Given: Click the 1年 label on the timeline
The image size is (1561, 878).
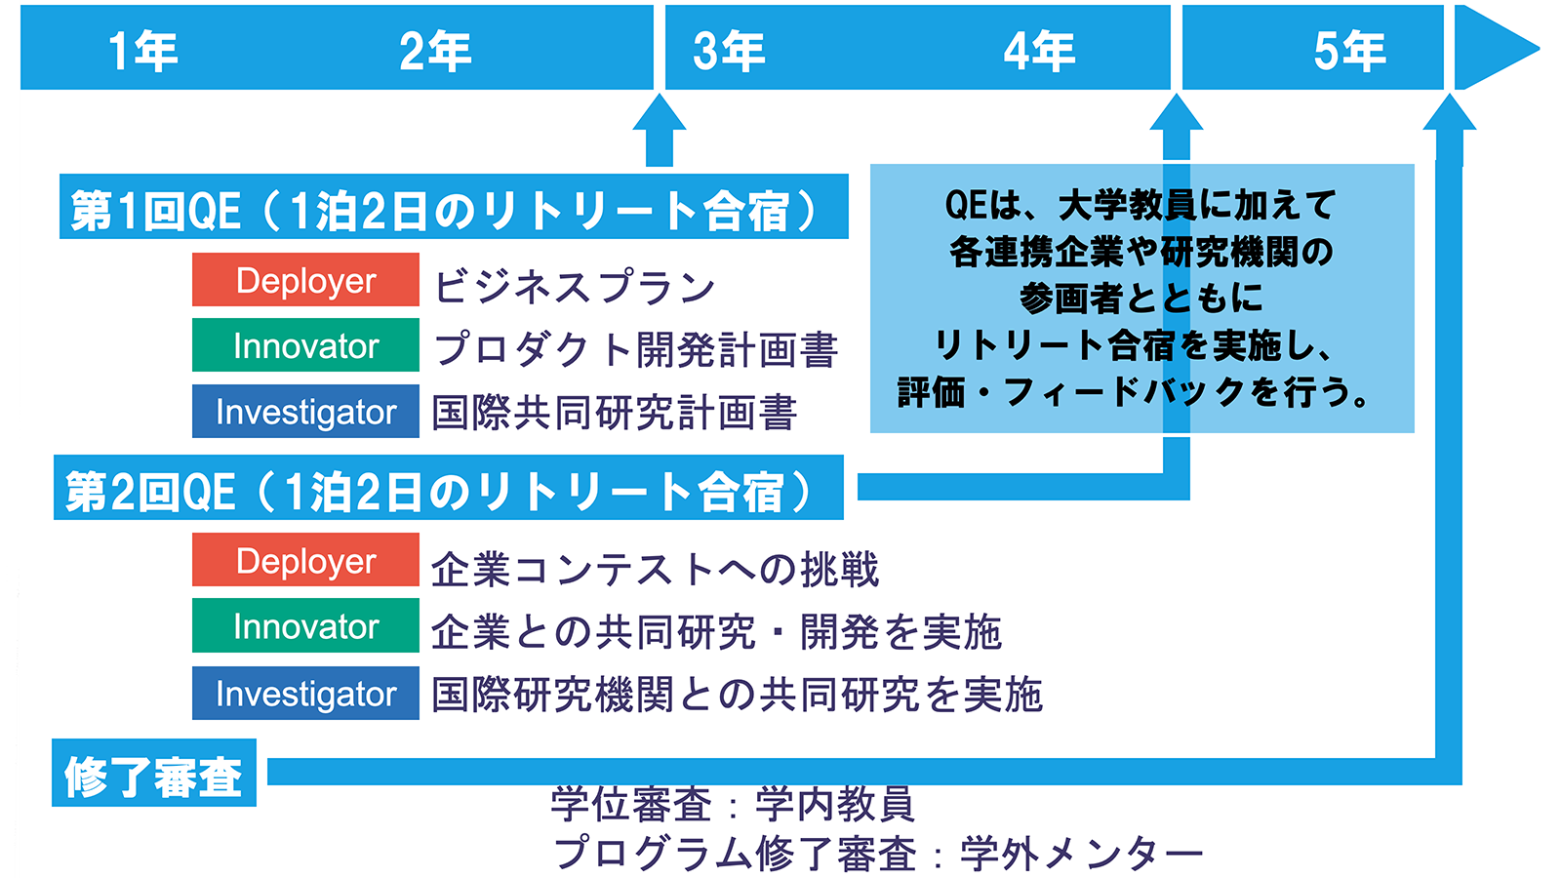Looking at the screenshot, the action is (142, 52).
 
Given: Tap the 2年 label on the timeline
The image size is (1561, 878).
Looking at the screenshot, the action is (435, 52).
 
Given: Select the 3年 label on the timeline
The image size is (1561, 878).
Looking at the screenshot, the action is (729, 52).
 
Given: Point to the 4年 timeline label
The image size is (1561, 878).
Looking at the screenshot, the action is (1039, 52).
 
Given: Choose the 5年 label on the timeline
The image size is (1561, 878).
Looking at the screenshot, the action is (1350, 52).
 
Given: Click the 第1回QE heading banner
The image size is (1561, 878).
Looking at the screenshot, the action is (454, 206).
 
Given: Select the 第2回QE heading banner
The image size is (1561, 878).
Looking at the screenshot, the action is (449, 488).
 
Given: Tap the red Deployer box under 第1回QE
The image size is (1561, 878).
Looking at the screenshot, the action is (306, 279).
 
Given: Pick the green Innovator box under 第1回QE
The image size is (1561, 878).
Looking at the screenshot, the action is (306, 345).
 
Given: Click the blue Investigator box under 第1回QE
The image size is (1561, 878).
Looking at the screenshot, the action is (306, 411).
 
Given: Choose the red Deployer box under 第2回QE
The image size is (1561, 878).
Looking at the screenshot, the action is (306, 560).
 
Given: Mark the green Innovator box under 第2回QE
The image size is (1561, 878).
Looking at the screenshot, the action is (306, 625).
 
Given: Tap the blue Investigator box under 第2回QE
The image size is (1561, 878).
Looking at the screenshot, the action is (306, 694).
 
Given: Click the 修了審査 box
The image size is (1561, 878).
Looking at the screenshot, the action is (154, 773).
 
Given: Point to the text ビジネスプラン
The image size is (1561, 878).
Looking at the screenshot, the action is (575, 287).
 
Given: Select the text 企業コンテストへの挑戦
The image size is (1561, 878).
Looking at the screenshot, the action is (655, 570).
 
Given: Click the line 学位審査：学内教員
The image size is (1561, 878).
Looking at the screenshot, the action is (732, 804).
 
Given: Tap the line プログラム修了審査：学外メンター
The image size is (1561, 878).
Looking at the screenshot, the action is (878, 853).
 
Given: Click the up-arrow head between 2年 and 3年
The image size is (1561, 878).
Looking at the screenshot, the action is (660, 112).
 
